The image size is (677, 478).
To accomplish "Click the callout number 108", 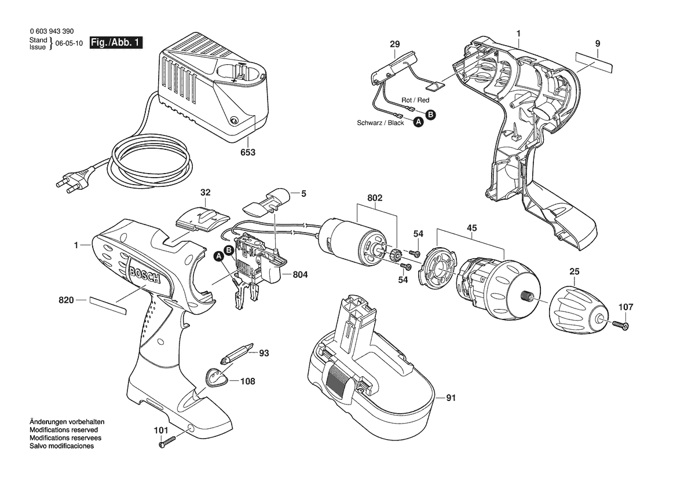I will point(247,381).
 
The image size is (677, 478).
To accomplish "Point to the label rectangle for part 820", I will point(107,305).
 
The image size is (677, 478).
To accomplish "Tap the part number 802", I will point(375,198).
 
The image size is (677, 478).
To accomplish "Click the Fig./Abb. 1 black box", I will point(116,43).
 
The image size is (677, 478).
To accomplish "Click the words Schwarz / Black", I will point(380,123).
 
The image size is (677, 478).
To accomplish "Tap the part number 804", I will point(300,275).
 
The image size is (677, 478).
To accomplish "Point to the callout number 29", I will point(394,44).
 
